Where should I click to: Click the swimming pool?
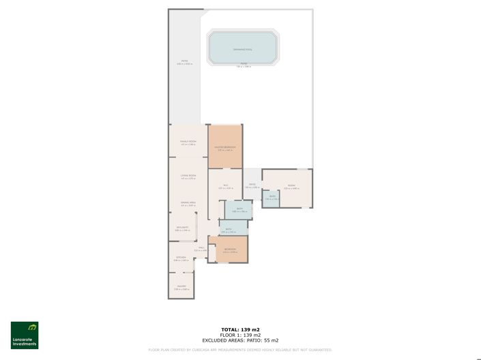pyautogui.click(x=242, y=48)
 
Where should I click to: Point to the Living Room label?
pyautogui.click(x=188, y=175)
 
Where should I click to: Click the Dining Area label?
pyautogui.click(x=188, y=202)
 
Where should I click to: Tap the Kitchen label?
pyautogui.click(x=180, y=258)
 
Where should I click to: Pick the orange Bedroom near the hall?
pyautogui.click(x=230, y=250)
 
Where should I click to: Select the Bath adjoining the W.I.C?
pyautogui.click(x=239, y=209)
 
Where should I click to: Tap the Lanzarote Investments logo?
pyautogui.click(x=25, y=335)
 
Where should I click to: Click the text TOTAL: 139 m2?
pyautogui.click(x=240, y=329)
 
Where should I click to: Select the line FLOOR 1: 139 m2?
pyautogui.click(x=240, y=335)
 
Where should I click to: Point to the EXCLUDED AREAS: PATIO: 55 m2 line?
pyautogui.click(x=240, y=340)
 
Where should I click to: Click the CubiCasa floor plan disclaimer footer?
pyautogui.click(x=240, y=350)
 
